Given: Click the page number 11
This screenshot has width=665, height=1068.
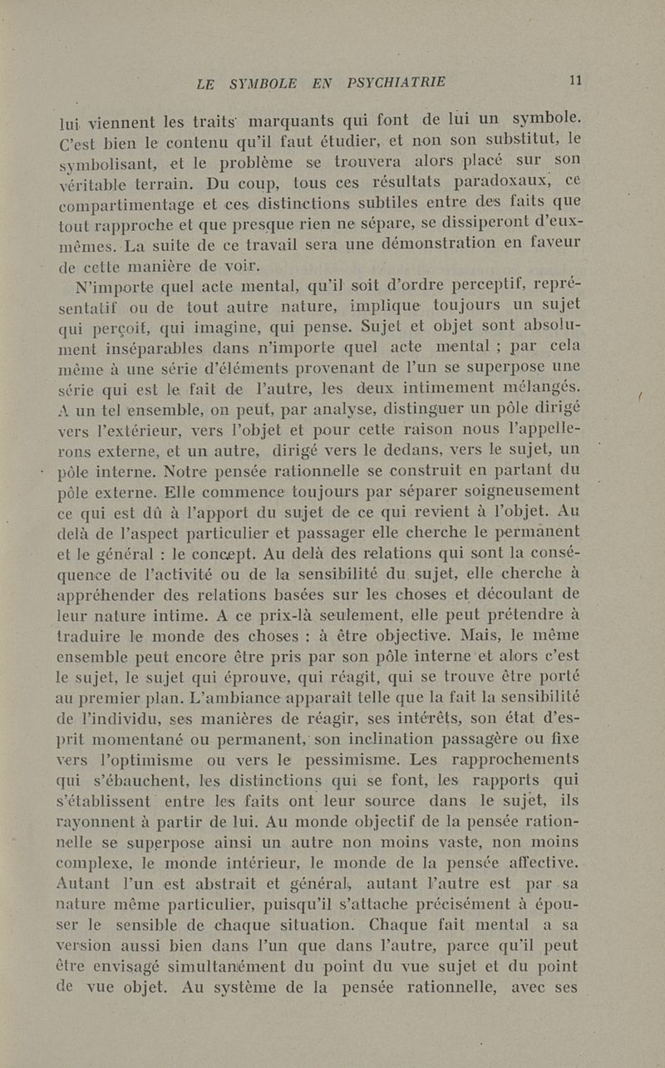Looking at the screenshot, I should tap(574, 81).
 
